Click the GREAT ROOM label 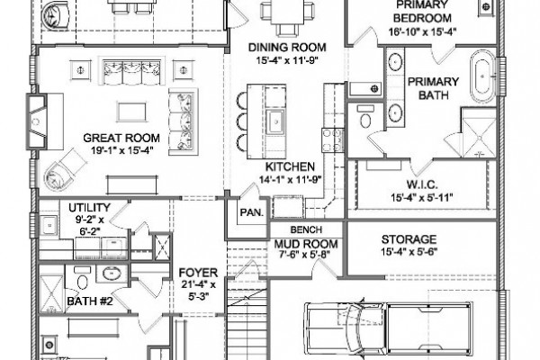[x=121, y=138]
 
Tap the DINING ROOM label [x=287, y=47]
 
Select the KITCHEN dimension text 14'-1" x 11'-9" [x=290, y=179]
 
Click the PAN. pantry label [x=251, y=212]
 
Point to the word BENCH [x=306, y=229]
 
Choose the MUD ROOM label [x=306, y=244]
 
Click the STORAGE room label [x=409, y=239]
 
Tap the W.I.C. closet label [x=422, y=184]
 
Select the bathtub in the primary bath [x=482, y=76]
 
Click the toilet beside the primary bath [x=365, y=117]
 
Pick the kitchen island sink [x=276, y=121]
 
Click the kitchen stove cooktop [x=333, y=139]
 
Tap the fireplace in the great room [x=37, y=121]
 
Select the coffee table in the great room [x=131, y=112]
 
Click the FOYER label [x=198, y=273]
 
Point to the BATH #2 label [x=89, y=301]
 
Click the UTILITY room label [x=89, y=208]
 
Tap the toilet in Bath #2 [x=82, y=278]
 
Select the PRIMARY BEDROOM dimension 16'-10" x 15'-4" [x=423, y=31]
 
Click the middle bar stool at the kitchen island [x=243, y=121]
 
